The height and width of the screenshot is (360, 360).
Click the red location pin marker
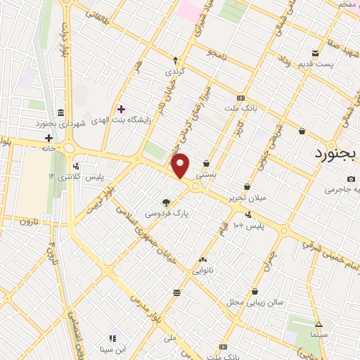181,166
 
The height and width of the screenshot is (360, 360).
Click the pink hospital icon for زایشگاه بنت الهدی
120,109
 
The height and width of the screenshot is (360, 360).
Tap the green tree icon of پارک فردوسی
167,201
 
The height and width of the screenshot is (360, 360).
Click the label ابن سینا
111,349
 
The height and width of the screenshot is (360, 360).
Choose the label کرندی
175,72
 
